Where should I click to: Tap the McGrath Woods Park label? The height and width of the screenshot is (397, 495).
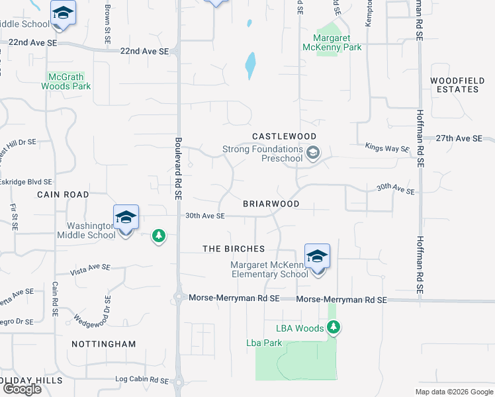click(x=66, y=81)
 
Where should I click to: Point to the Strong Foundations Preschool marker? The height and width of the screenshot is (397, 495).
click(x=314, y=154)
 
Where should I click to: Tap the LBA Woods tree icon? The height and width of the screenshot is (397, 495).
click(x=333, y=328)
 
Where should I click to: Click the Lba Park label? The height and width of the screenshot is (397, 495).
click(x=264, y=343)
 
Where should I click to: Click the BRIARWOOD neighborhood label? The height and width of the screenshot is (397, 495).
click(x=271, y=204)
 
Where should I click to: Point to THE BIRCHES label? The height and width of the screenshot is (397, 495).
click(x=234, y=249)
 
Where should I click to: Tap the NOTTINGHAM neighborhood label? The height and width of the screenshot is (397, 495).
click(x=103, y=344)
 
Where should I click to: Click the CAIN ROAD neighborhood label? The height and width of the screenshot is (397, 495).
click(x=63, y=195)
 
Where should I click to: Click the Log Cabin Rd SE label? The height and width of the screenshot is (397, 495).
click(x=142, y=380)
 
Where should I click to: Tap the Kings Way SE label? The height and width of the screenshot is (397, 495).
click(x=387, y=149)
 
